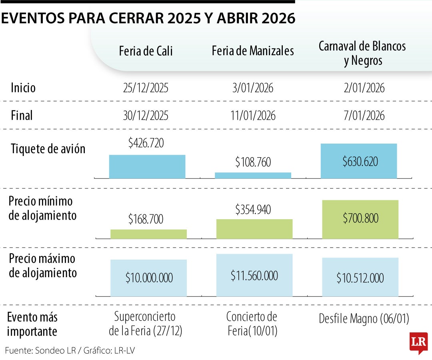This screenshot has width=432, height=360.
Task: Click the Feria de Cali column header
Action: tap(146, 51)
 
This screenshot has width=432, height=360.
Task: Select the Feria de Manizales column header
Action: tap(253, 51)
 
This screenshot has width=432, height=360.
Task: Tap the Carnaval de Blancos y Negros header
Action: tap(362, 53)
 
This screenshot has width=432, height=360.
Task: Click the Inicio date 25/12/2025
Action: tap(146, 88)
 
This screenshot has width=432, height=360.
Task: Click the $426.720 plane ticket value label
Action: tap(146, 143)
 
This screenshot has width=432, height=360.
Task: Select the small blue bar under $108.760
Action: tap(253, 175)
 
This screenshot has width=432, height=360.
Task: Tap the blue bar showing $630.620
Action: tap(358, 161)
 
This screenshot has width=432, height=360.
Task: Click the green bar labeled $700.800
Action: tap(360, 219)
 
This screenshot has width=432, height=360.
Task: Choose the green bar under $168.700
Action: tap(148, 234)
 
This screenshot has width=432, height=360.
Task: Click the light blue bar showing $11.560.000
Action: tap(254, 275)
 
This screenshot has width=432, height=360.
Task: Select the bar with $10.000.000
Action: tap(148, 278)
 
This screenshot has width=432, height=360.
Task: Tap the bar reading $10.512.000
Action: tap(360, 277)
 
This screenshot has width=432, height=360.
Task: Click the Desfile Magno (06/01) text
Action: tap(364, 319)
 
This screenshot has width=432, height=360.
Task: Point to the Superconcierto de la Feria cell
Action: tap(145, 324)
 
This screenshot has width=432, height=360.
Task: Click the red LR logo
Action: tap(418, 342)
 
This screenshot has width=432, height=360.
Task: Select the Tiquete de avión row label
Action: tap(48, 149)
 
